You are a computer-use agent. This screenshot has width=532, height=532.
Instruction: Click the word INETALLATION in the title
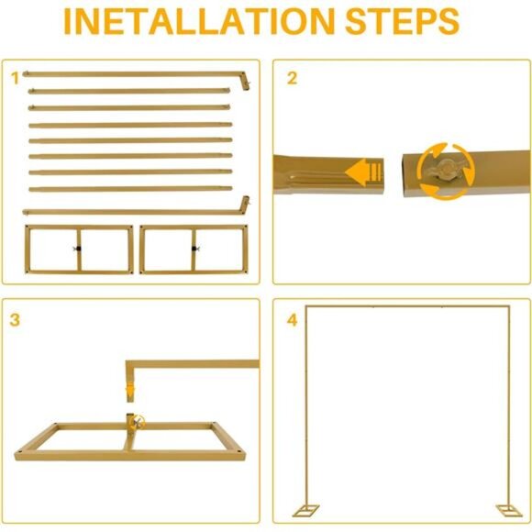point(200,21)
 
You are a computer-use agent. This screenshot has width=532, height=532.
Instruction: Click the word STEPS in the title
point(402,21)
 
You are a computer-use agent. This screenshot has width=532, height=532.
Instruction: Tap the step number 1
point(15,78)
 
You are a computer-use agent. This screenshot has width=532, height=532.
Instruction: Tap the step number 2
point(292,78)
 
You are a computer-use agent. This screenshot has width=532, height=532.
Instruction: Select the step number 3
point(15,320)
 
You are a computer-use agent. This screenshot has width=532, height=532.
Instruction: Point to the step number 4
point(292,320)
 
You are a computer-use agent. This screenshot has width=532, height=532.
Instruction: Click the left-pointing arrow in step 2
point(363,172)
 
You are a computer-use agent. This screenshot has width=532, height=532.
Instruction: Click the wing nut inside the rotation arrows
point(444,170)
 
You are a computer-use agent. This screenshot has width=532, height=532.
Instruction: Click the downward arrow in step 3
point(130,391)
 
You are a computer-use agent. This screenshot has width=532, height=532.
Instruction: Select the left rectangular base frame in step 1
point(79,249)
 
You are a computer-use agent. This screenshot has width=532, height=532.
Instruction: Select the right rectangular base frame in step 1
point(194,249)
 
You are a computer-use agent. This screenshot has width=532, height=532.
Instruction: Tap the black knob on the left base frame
point(78,249)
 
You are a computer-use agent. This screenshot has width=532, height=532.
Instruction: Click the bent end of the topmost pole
point(246,81)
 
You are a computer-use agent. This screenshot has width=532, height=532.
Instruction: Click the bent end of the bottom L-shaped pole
point(245,205)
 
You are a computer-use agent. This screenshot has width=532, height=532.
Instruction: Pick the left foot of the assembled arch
point(306,510)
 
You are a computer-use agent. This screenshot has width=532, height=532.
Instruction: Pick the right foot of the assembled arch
point(509,510)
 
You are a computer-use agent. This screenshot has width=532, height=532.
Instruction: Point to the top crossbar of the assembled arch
point(407,307)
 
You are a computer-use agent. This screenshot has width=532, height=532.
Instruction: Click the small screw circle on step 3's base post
point(137,422)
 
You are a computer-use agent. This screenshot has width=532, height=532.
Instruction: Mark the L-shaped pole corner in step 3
point(130,364)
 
